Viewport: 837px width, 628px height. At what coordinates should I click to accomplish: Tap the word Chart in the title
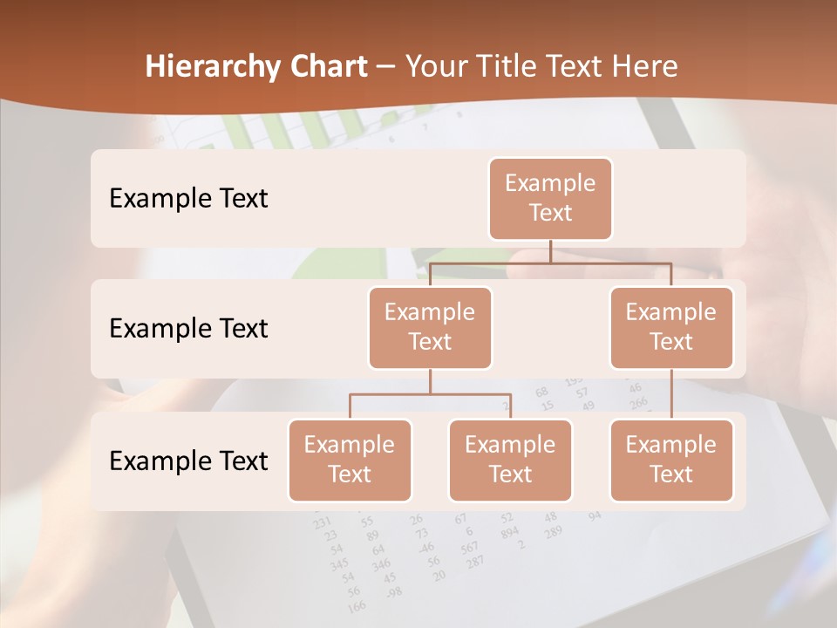(x=324, y=67)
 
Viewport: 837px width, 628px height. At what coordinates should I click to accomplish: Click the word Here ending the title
(x=643, y=67)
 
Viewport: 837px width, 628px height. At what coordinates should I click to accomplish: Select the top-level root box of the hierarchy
(x=550, y=199)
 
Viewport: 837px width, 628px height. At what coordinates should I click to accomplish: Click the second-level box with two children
(x=430, y=328)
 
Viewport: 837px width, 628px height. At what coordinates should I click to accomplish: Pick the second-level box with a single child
(x=671, y=328)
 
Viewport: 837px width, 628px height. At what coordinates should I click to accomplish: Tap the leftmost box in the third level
(x=350, y=461)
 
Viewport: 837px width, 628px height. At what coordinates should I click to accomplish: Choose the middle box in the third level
(x=510, y=461)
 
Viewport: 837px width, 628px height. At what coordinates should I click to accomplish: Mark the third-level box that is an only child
(x=671, y=461)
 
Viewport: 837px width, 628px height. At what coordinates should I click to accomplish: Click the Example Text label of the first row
(x=188, y=199)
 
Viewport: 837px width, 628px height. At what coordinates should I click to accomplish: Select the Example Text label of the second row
(x=188, y=329)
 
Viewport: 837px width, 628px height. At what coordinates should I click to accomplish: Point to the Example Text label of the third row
(x=188, y=461)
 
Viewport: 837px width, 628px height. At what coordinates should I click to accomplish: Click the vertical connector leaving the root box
(x=550, y=251)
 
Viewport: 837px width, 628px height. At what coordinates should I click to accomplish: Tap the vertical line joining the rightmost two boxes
(x=671, y=394)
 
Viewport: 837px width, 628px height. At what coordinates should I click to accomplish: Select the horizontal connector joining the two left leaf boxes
(x=430, y=394)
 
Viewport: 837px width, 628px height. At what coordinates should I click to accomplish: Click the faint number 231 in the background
(x=323, y=522)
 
